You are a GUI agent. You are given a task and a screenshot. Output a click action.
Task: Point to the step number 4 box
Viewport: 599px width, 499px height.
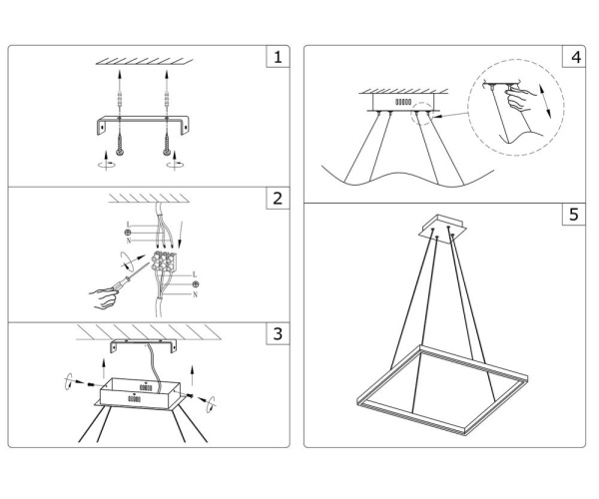pos(573,58)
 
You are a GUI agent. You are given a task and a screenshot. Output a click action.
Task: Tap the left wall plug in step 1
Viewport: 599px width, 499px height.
pos(118,99)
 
